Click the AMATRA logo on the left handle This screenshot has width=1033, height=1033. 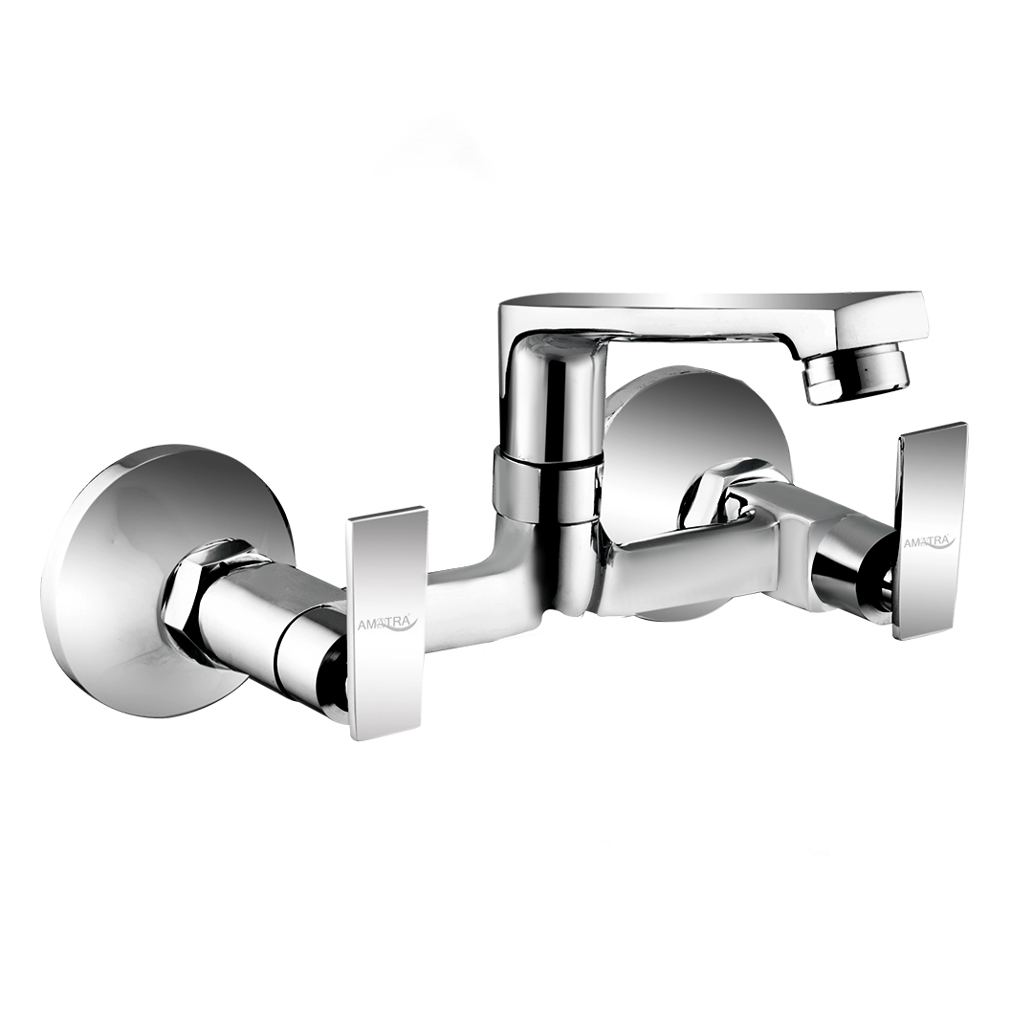pos(387,624)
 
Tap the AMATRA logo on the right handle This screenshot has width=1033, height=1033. pos(929,541)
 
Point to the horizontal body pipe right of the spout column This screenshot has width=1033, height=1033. pos(689,564)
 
